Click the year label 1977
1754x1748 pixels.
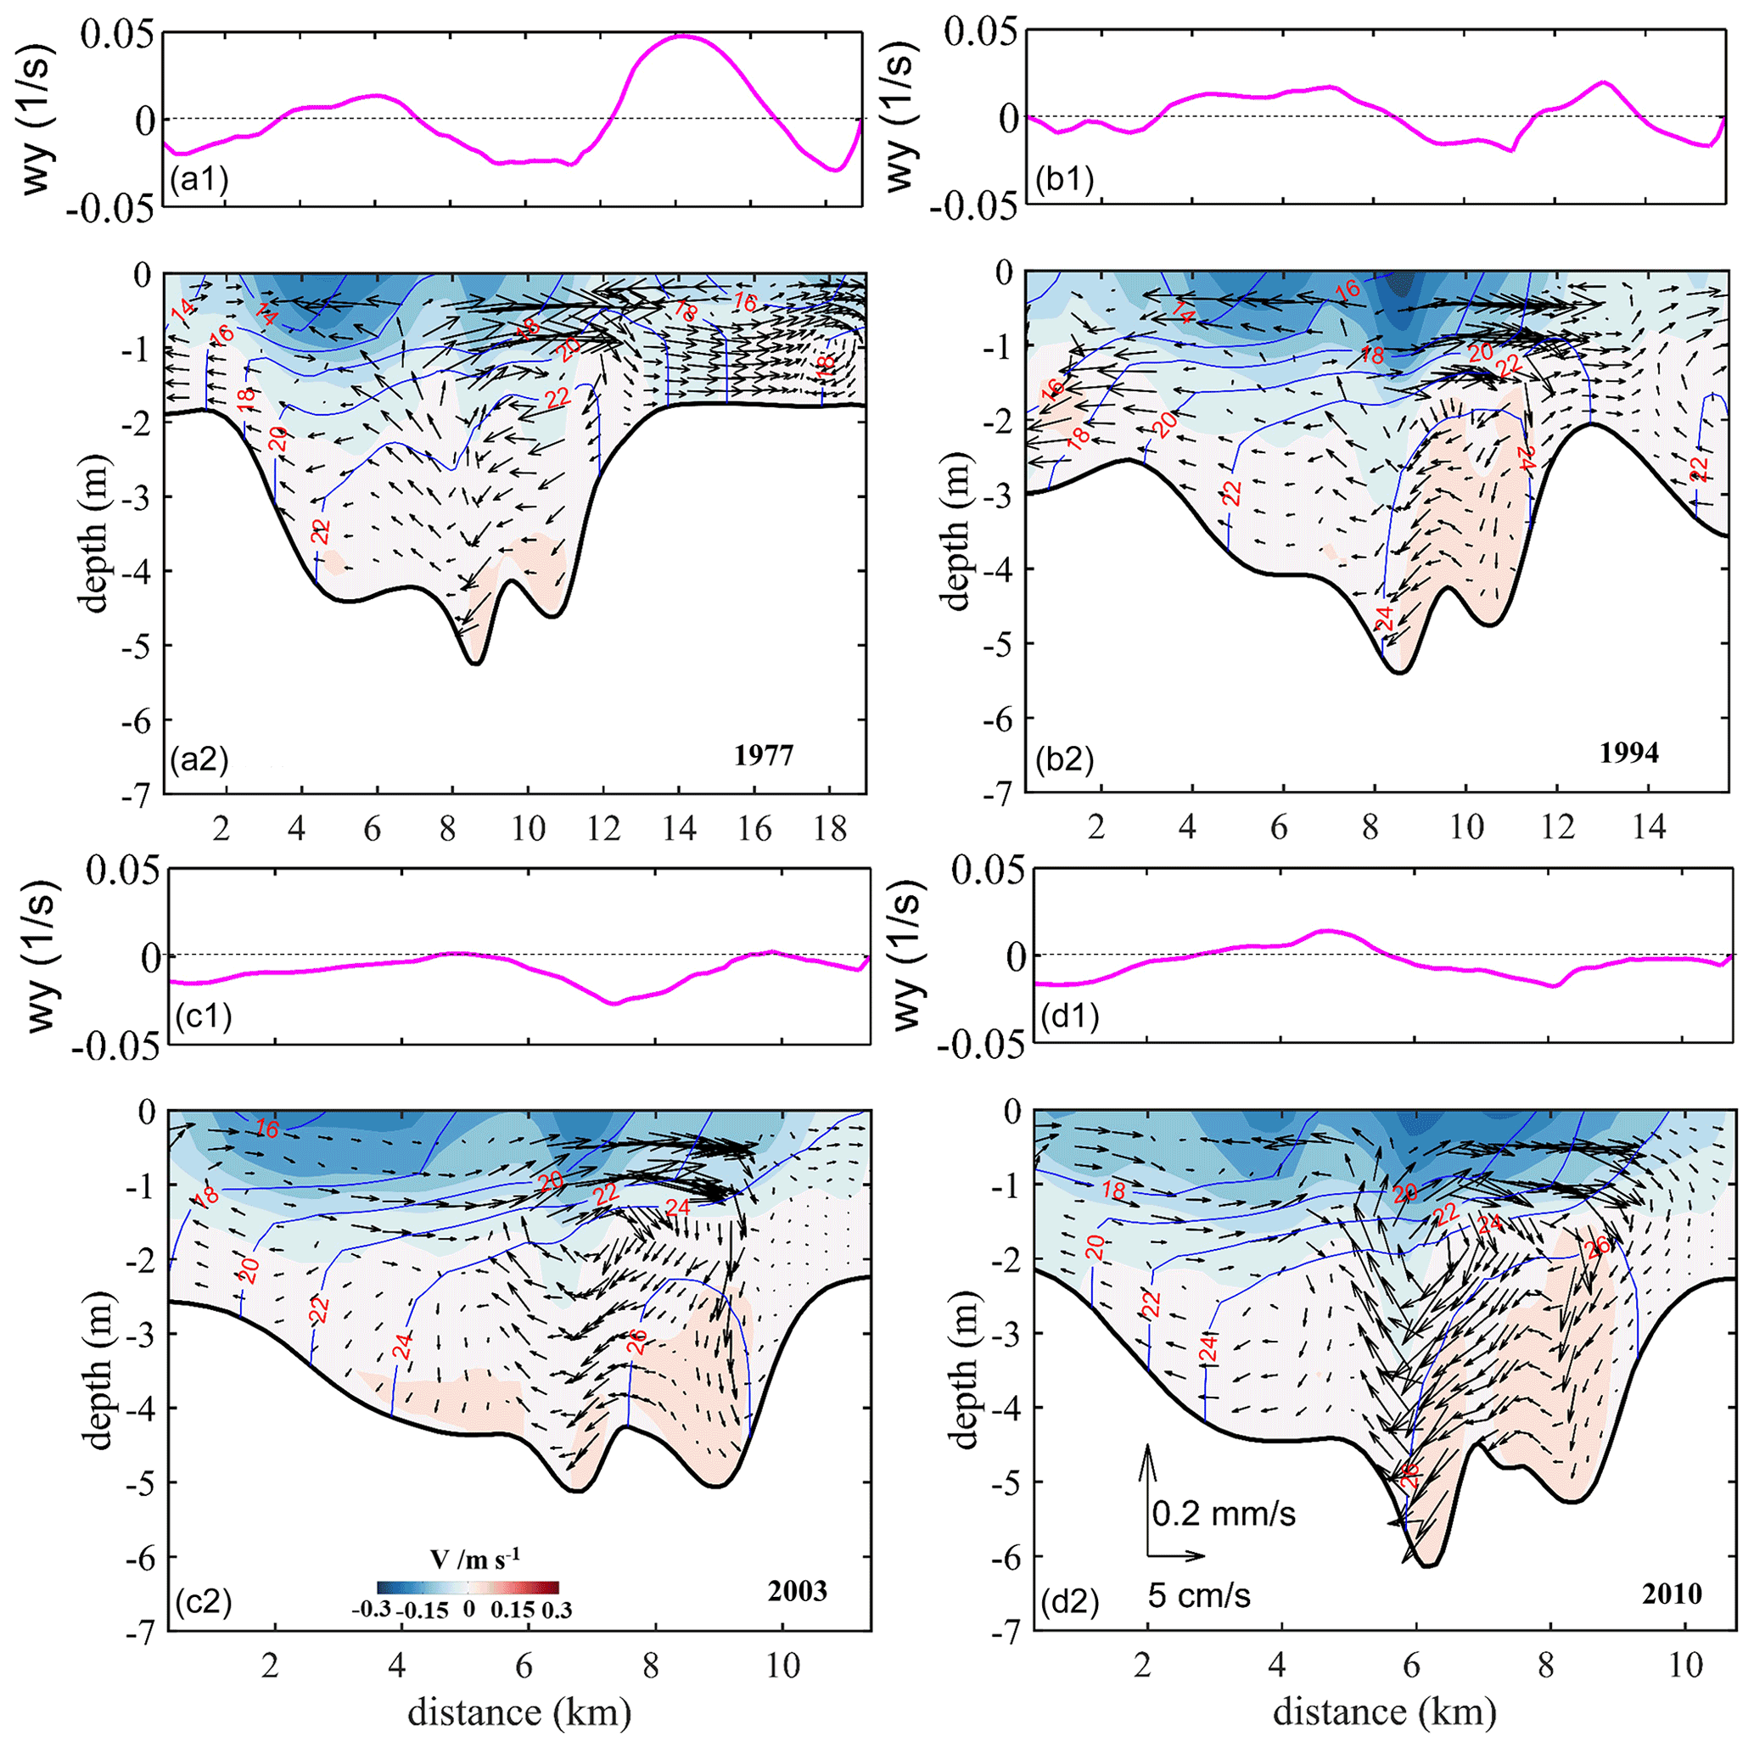click(x=764, y=755)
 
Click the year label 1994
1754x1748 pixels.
click(x=1628, y=753)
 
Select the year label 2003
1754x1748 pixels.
click(x=797, y=1592)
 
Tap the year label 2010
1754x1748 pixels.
click(x=1672, y=1594)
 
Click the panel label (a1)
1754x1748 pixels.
click(x=199, y=179)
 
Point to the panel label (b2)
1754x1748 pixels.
click(x=1065, y=759)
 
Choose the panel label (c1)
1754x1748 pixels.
click(x=203, y=1015)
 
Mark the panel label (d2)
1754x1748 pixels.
click(x=1068, y=1601)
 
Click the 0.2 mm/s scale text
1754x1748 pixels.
click(x=1224, y=1514)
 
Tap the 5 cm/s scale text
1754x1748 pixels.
click(x=1198, y=1594)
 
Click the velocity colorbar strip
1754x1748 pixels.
click(x=468, y=1588)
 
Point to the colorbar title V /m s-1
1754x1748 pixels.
click(x=476, y=1559)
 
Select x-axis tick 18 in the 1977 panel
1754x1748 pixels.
click(x=830, y=828)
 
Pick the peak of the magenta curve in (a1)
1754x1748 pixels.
click(x=683, y=36)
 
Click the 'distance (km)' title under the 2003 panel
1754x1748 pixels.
click(x=518, y=1712)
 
